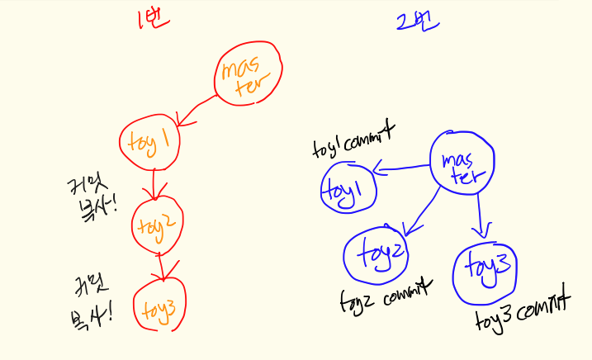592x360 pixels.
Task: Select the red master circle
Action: [248, 75]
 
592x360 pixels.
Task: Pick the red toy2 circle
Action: [157, 222]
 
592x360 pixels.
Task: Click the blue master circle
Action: [462, 163]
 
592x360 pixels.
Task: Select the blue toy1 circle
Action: [347, 188]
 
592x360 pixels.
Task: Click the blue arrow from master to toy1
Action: [400, 169]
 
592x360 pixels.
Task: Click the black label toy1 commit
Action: [353, 138]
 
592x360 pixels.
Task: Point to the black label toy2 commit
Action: [386, 296]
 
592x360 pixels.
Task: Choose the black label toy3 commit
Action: [523, 310]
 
